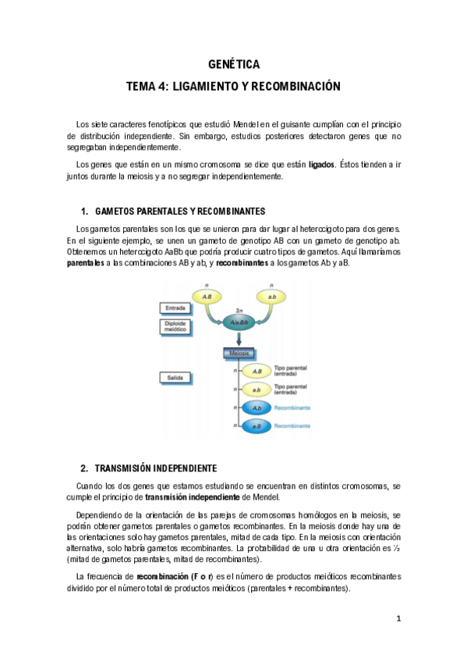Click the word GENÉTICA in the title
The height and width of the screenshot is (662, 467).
click(233, 64)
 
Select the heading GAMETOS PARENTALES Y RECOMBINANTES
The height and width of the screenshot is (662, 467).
click(179, 212)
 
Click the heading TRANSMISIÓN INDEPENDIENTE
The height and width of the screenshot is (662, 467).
click(156, 468)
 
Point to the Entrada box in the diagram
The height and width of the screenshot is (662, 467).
click(175, 308)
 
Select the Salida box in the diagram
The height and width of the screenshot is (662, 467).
click(175, 378)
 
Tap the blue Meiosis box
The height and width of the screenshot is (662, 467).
click(239, 354)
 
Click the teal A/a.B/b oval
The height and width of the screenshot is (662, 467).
click(239, 322)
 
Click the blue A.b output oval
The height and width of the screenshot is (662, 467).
click(256, 408)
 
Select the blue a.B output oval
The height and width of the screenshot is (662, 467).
click(256, 426)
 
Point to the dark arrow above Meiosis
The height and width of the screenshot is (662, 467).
click(239, 339)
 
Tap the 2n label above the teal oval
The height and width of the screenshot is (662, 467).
click(239, 308)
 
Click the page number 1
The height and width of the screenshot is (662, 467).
click(398, 619)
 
